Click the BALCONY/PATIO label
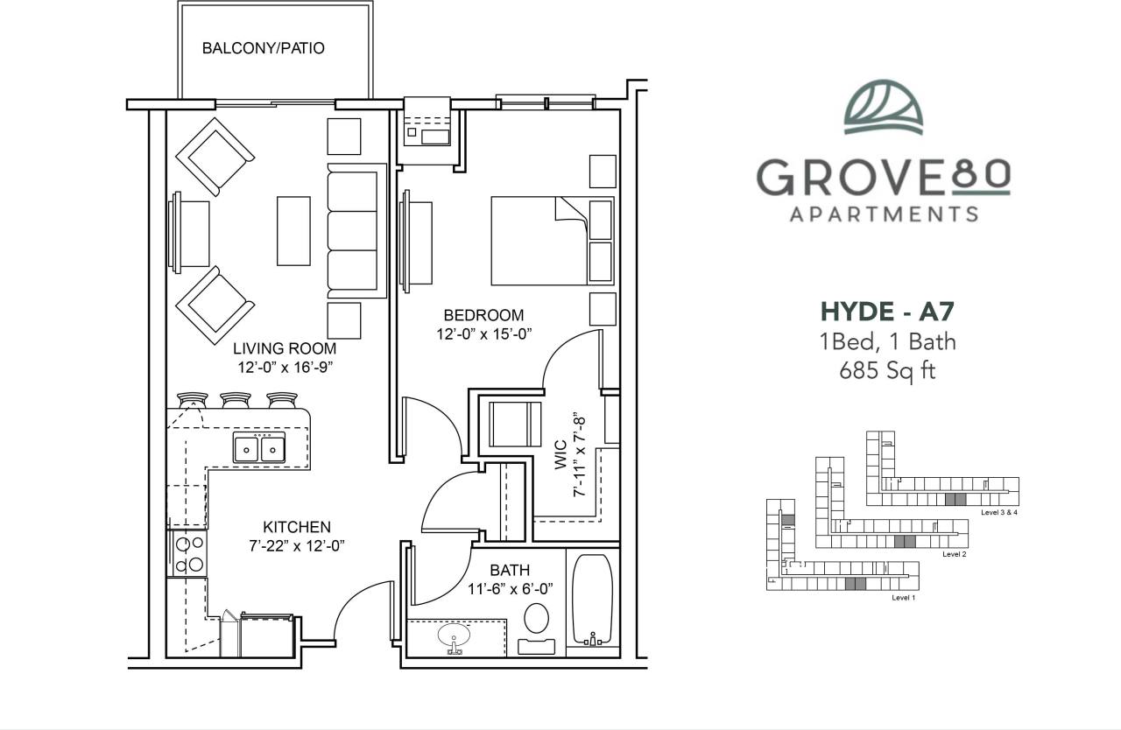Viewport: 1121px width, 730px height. (263, 48)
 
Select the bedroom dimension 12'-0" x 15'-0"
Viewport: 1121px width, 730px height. (483, 333)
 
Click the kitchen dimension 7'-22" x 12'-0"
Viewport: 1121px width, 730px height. (297, 544)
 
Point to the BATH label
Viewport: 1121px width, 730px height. (510, 571)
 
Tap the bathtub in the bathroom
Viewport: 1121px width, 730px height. (593, 601)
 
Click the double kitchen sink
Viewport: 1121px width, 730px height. (260, 448)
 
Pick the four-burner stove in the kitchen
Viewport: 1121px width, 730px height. (188, 553)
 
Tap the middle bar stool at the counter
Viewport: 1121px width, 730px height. (236, 400)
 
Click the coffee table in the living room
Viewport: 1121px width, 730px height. (293, 230)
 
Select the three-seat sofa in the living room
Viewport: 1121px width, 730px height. (355, 230)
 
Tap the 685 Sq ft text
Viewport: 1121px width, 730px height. (887, 371)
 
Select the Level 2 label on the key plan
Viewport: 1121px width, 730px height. (954, 554)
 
